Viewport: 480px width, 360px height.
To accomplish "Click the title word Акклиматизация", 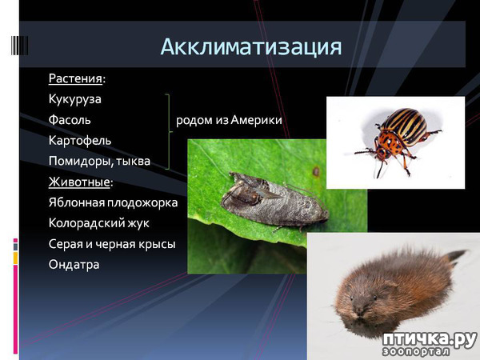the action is coord(250,47).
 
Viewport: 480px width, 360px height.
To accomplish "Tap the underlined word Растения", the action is coord(75,78).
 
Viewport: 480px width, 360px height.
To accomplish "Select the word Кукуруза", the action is coord(74,99).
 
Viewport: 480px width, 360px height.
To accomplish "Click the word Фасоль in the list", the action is coord(70,120).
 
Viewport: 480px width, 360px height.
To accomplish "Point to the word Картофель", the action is coord(80,141).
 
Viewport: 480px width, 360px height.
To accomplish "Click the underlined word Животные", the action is coord(79,182).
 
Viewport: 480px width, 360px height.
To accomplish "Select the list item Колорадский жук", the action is coord(99,223).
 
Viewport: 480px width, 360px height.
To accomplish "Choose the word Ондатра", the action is coord(74,265).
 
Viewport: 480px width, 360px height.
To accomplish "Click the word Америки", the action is coord(256,120).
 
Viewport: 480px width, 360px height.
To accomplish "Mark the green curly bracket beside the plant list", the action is coord(170,132).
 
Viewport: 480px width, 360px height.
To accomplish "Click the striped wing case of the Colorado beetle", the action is coord(405,126).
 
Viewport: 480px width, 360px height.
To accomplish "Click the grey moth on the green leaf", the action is coord(274,201).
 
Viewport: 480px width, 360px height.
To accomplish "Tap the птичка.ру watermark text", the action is coord(429,339).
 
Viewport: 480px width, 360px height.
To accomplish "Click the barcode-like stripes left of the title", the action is coord(20,46).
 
